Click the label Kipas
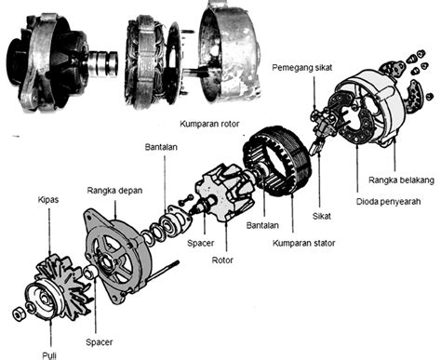(x=48, y=200)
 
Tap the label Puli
(x=49, y=355)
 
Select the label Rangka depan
(x=114, y=191)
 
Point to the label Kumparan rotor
(x=209, y=124)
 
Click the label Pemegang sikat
(x=302, y=68)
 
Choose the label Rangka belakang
(x=401, y=180)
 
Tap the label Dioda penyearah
(x=389, y=202)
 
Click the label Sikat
(x=322, y=216)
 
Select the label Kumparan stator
(x=304, y=243)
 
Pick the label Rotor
(x=222, y=260)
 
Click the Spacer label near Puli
(x=99, y=342)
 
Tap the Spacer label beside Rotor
(x=201, y=243)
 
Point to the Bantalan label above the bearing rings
(x=161, y=147)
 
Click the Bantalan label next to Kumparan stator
(x=262, y=225)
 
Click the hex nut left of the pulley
(x=19, y=314)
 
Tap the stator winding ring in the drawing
(x=277, y=161)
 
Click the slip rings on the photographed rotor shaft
(x=103, y=64)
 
